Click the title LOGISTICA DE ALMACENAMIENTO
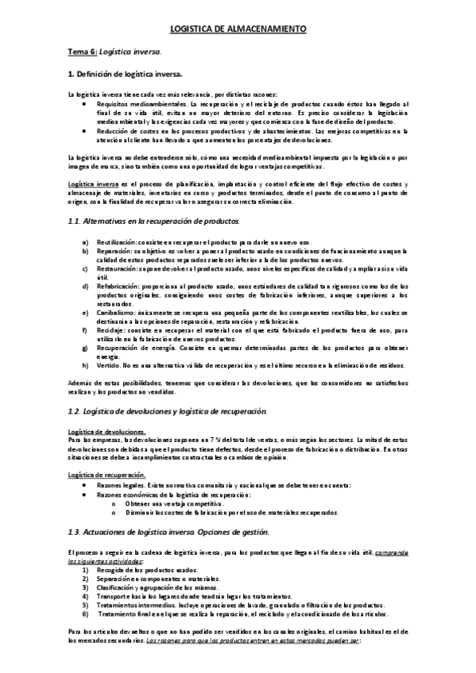click(238, 29)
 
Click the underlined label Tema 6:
click(81, 52)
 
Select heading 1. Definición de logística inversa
click(125, 74)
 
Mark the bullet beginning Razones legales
click(120, 484)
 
